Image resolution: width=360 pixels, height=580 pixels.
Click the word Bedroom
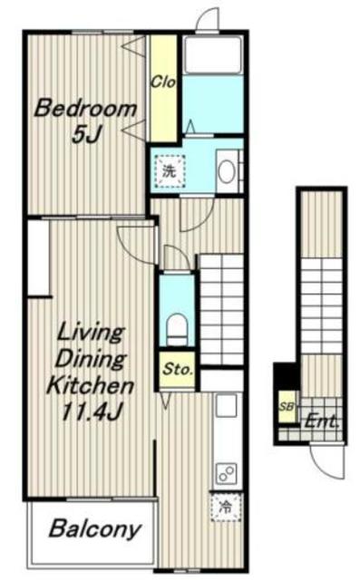pos(85,109)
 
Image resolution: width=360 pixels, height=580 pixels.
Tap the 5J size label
pos(86,134)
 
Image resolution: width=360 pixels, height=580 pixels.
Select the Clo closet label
pos(163,82)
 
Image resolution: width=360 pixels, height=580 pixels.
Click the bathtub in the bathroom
pos(213,54)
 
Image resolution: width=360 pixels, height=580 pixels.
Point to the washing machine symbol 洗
pos(170,171)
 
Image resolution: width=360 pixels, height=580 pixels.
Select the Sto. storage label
pos(179,369)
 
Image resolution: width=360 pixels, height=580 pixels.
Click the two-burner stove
pos(226,472)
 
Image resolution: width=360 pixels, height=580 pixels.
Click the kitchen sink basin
pos(226,405)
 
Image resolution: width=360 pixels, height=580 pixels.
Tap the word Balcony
pos(94,529)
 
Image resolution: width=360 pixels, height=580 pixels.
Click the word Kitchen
pos(91,385)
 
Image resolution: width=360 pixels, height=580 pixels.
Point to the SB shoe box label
pos(287,407)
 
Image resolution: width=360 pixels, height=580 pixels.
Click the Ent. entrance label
pos(321,421)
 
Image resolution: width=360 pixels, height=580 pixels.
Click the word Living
pos(90,333)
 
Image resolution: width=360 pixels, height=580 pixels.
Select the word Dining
pos(91,359)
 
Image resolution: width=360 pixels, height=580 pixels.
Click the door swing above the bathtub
pos(207,18)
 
